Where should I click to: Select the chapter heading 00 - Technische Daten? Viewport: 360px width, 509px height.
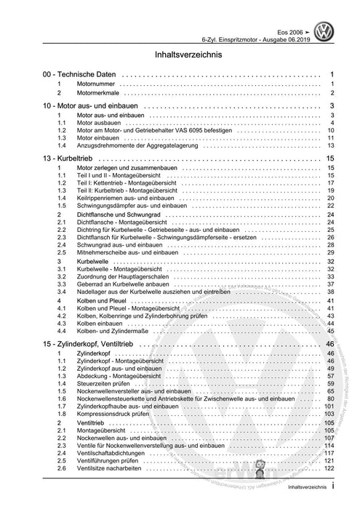tap(79, 75)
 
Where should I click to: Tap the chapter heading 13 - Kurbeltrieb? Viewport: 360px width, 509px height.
tap(71, 157)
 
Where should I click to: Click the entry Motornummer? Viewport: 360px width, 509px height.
tap(96, 84)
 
